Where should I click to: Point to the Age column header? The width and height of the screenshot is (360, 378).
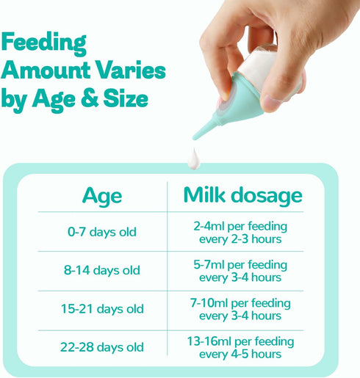pyautogui.click(x=102, y=197)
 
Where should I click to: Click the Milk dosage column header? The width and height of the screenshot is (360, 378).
pyautogui.click(x=242, y=195)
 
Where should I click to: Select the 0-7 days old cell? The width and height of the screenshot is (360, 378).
pyautogui.click(x=102, y=232)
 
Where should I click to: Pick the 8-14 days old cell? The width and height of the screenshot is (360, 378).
pyautogui.click(x=102, y=270)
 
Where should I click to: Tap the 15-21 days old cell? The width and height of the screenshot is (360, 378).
pyautogui.click(x=102, y=309)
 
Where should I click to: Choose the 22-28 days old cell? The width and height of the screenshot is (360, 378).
pyautogui.click(x=102, y=347)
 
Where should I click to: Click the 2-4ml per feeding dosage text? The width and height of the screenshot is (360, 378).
pyautogui.click(x=240, y=226)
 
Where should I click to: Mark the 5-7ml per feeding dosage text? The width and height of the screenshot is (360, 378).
pyautogui.click(x=240, y=265)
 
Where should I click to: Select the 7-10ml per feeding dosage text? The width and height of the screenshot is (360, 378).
pyautogui.click(x=240, y=303)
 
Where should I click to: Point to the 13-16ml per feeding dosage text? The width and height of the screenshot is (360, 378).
pyautogui.click(x=240, y=341)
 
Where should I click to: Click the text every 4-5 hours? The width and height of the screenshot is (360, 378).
pyautogui.click(x=240, y=355)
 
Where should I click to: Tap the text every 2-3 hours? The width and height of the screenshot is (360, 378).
pyautogui.click(x=240, y=239)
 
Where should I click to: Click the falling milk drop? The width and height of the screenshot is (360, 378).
pyautogui.click(x=194, y=159)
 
